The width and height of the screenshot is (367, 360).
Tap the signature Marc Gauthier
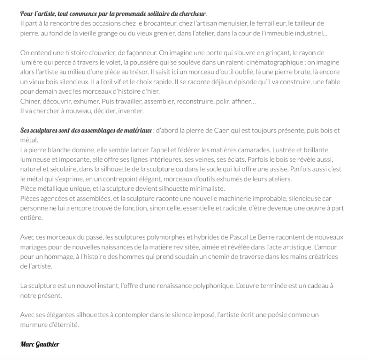40,344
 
